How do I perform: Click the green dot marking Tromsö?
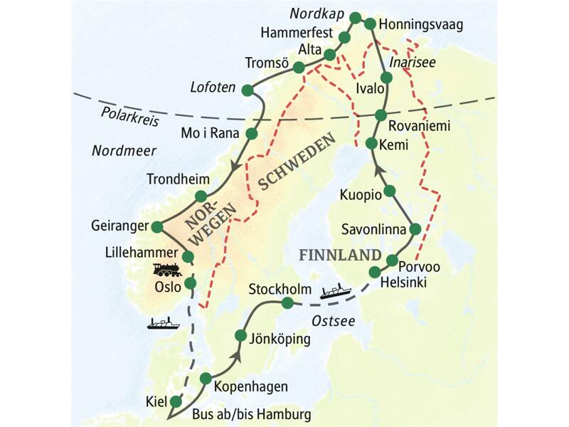point(299,67)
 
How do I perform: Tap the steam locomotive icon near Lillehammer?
point(167,269)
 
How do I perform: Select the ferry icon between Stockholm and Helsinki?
point(334,290)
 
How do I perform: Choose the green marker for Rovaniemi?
point(381,115)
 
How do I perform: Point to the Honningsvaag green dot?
point(370,23)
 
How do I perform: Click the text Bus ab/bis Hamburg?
point(251,413)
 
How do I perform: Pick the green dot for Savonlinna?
point(415,228)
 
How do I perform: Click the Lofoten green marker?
point(248,90)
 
